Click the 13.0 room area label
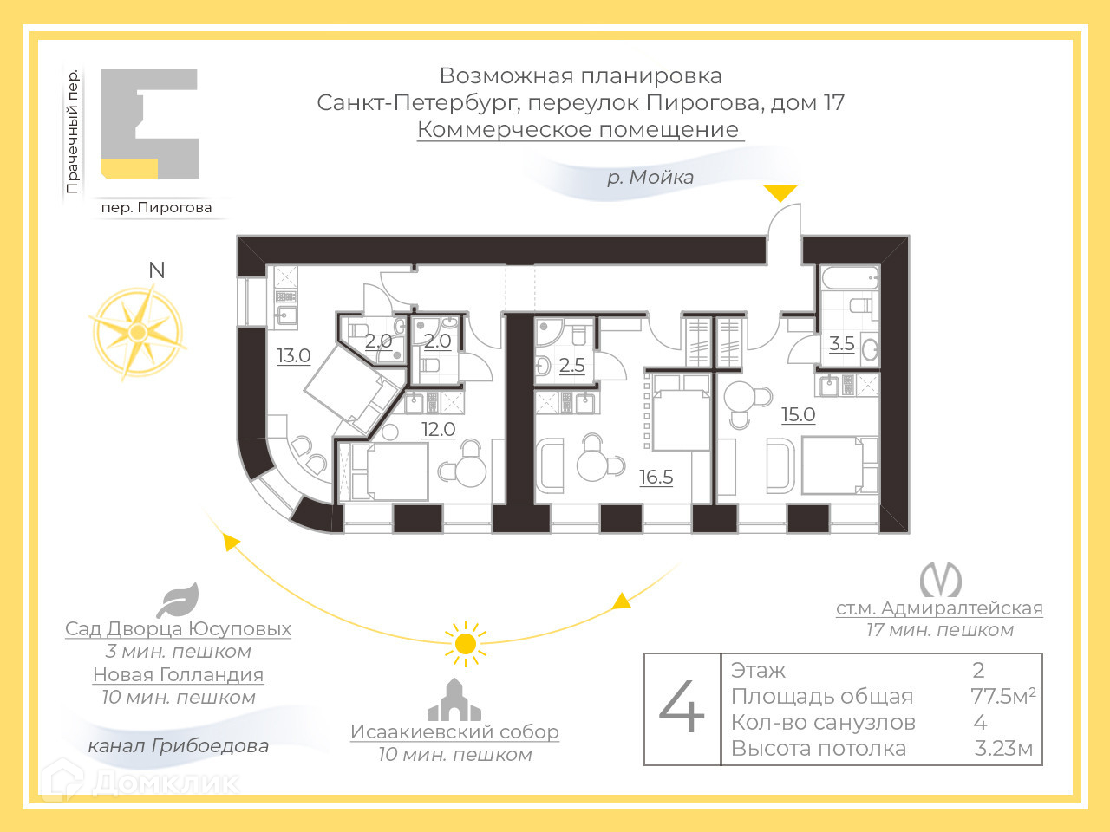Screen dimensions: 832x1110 click(x=294, y=355)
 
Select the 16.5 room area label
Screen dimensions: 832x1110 click(x=656, y=477)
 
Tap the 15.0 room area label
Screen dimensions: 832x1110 click(x=798, y=414)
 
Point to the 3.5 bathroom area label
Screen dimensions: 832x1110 click(x=841, y=343)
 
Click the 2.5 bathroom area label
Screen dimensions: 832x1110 click(x=571, y=365)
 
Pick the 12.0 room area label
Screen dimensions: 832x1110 click(x=438, y=429)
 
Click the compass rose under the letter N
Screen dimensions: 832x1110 click(x=138, y=332)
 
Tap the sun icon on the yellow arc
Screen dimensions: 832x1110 click(x=466, y=644)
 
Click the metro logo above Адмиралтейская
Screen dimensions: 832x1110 click(x=940, y=579)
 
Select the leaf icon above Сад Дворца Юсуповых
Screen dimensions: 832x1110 click(x=179, y=600)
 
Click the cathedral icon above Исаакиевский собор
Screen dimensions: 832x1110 click(x=454, y=700)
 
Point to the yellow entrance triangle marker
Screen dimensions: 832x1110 click(x=780, y=192)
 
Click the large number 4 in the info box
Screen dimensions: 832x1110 click(x=682, y=708)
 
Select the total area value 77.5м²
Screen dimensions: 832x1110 click(x=1002, y=696)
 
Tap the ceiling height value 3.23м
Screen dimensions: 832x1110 click(x=1003, y=749)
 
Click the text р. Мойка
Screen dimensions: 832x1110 click(x=650, y=178)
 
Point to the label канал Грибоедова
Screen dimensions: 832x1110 click(x=178, y=745)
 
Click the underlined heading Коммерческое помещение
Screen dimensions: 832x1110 click(x=579, y=129)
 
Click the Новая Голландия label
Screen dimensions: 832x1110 click(x=178, y=674)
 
